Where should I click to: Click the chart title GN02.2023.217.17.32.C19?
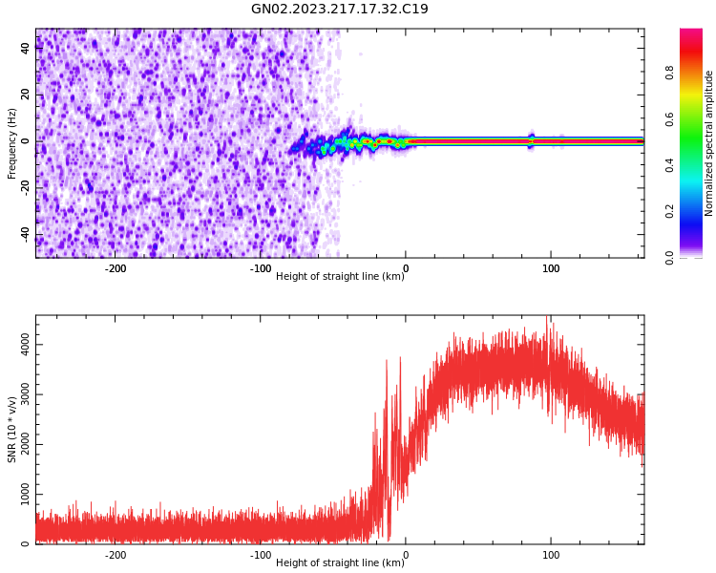pos(340,10)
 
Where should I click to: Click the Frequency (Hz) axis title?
pos(12,143)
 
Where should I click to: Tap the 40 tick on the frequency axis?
pos(26,48)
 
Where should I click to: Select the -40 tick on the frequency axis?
pos(24,234)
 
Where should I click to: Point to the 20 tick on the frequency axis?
pos(26,95)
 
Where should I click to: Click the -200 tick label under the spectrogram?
pos(115,269)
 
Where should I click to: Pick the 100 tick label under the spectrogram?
pos(551,269)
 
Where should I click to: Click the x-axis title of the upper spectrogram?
pos(340,277)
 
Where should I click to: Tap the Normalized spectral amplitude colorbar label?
pos(709,143)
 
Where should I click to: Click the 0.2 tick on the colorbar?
pos(696,211)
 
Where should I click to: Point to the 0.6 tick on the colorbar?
pos(696,118)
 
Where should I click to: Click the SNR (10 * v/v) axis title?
pos(12,430)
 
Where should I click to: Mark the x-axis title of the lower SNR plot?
pos(340,563)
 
